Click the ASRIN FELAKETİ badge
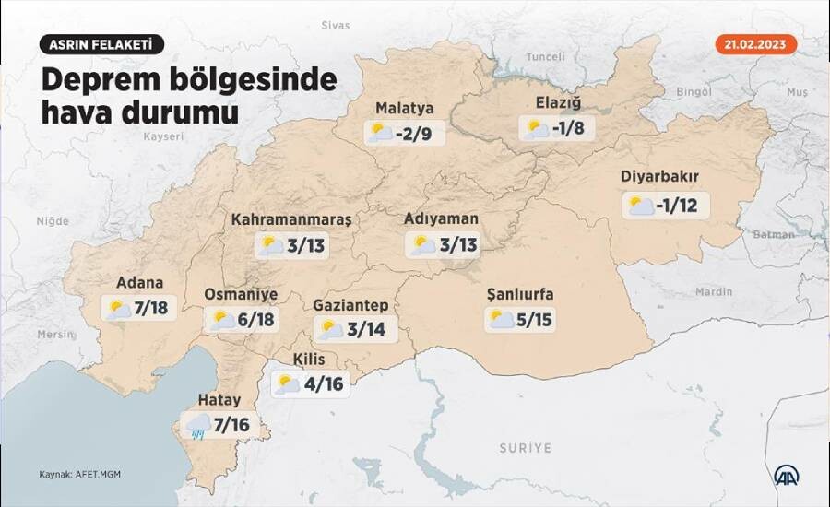101,44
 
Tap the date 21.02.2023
755,44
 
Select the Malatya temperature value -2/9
413,135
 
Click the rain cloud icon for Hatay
198,425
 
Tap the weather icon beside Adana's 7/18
118,309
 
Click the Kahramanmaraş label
291,219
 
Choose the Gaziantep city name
350,304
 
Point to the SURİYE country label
525,448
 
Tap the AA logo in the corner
786,475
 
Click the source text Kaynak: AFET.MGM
79,475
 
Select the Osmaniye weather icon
222,320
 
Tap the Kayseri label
164,136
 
